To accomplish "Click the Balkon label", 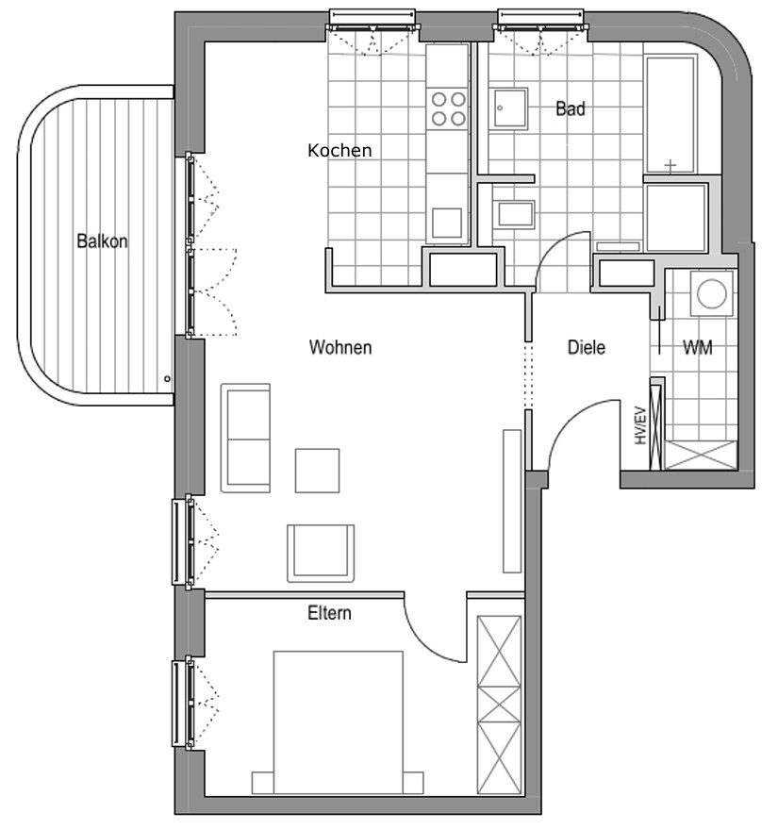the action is pyautogui.click(x=102, y=241).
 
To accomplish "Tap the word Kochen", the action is pyautogui.click(x=339, y=150).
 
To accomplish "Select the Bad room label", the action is pyautogui.click(x=571, y=108).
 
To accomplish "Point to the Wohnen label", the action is pyautogui.click(x=340, y=347).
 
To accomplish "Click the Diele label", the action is pyautogui.click(x=587, y=347).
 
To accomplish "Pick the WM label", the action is pyautogui.click(x=698, y=347).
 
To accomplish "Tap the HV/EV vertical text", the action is pyautogui.click(x=640, y=425).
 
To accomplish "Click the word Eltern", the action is pyautogui.click(x=329, y=613).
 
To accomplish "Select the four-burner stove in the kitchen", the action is pyautogui.click(x=448, y=108).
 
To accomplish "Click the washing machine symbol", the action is pyautogui.click(x=711, y=293).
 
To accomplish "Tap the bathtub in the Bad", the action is pyautogui.click(x=670, y=115).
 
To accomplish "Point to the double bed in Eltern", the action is pyautogui.click(x=338, y=722).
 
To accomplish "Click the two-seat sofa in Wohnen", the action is pyautogui.click(x=246, y=439).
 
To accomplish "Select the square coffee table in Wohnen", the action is pyautogui.click(x=317, y=471).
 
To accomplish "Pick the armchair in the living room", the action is pyautogui.click(x=321, y=553).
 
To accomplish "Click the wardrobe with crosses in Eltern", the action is pyautogui.click(x=499, y=705).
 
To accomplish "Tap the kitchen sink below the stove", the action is pyautogui.click(x=447, y=223).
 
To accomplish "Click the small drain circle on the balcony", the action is pyautogui.click(x=168, y=378).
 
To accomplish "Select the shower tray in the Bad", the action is pyautogui.click(x=676, y=217).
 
